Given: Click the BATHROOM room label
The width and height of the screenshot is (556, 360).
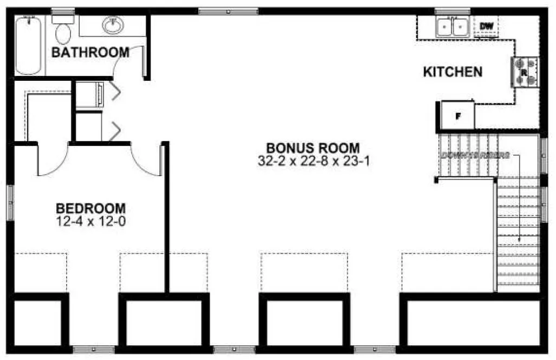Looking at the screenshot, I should (90, 53).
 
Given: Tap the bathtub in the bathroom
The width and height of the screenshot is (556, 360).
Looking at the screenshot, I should (28, 46).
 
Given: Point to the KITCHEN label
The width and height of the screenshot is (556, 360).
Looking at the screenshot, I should (452, 72).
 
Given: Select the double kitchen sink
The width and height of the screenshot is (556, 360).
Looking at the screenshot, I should (452, 27).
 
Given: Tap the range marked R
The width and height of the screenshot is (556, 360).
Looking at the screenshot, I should (525, 72).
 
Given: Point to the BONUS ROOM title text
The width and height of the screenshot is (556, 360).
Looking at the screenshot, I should (313, 148).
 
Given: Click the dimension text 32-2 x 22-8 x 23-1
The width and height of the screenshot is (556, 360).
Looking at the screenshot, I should (314, 161).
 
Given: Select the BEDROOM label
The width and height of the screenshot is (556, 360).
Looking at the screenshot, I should (91, 208).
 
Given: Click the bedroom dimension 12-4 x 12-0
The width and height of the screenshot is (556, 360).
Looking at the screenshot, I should (91, 221).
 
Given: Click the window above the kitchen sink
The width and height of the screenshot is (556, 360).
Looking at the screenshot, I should (452, 11).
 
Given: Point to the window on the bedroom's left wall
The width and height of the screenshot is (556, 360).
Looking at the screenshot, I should (9, 202).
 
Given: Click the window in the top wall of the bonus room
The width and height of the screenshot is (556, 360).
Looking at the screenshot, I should (228, 11).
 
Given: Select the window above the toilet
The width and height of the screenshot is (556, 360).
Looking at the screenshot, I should (63, 11).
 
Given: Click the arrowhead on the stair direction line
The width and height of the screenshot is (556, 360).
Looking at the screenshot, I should (520, 239).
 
